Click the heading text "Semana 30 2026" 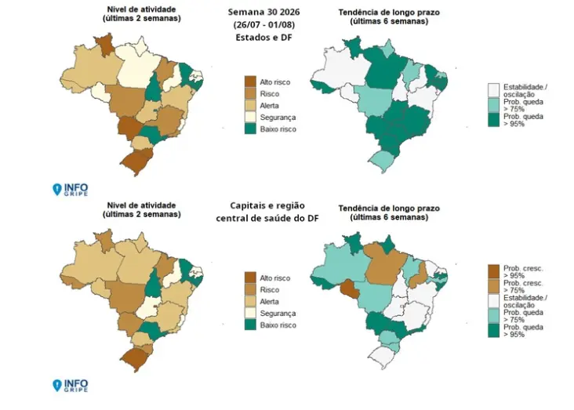click(263, 12)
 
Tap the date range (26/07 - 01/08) click(263, 25)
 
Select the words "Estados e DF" click(263, 38)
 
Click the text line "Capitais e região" click(267, 205)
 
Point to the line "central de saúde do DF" click(267, 218)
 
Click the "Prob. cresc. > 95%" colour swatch click(494, 271)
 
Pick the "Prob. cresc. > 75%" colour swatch click(494, 286)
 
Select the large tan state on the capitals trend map click(384, 263)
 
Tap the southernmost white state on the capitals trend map click(383, 356)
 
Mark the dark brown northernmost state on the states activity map click(105, 45)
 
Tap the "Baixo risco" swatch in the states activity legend click(250, 129)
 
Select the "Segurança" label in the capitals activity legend click(278, 314)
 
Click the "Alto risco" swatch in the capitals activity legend click(250, 278)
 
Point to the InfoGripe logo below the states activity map click(71, 189)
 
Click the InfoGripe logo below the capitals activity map click(71, 385)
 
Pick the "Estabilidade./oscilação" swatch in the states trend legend click(494, 89)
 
